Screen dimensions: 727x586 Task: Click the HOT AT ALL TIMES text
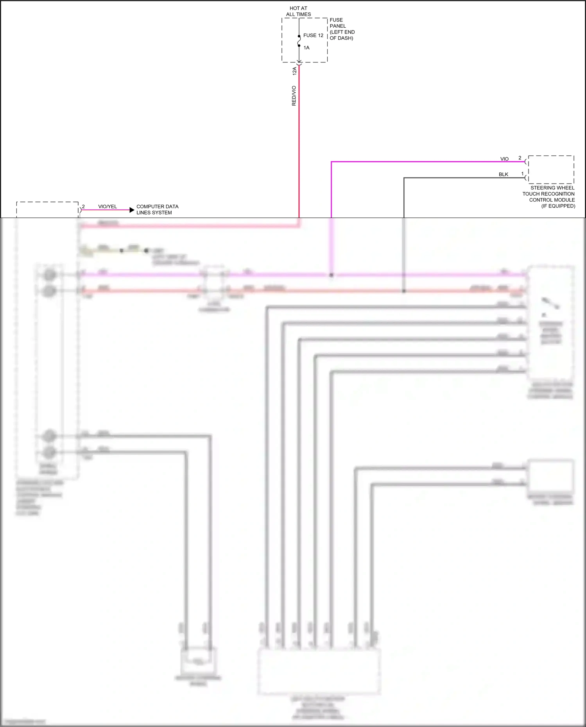click(x=298, y=11)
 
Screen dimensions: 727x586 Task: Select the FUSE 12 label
click(x=313, y=36)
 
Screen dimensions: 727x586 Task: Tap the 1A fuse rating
click(x=306, y=48)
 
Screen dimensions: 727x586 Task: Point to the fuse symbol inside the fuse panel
click(x=299, y=41)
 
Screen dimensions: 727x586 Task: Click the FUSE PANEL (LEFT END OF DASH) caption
click(x=342, y=29)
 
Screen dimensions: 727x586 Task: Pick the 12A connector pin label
click(x=294, y=71)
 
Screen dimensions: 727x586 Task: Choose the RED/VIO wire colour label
click(x=294, y=96)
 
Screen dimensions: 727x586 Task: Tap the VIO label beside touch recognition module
click(x=504, y=159)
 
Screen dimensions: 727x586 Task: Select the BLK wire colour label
click(x=504, y=175)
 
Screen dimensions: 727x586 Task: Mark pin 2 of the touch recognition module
click(x=520, y=158)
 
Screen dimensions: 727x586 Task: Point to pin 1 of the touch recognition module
click(x=522, y=174)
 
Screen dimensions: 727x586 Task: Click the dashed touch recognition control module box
click(x=551, y=170)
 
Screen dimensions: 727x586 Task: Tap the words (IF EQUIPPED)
click(x=558, y=206)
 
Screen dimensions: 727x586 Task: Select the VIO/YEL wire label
click(x=108, y=207)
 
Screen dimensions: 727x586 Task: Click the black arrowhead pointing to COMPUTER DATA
click(x=132, y=210)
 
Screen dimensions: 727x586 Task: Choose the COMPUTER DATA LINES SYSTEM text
click(x=157, y=209)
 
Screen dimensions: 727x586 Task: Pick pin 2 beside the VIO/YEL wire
click(x=83, y=207)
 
